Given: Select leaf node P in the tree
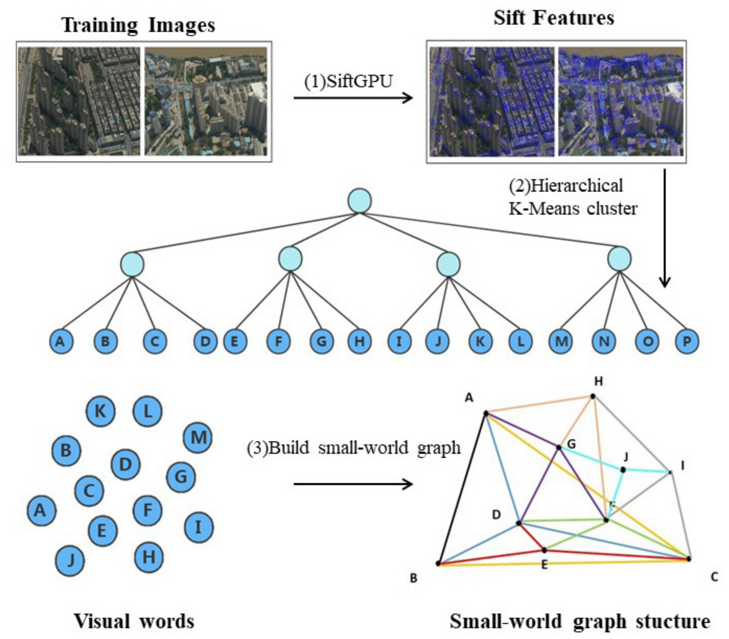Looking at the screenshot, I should [x=687, y=341].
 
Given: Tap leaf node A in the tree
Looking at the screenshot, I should [x=61, y=341].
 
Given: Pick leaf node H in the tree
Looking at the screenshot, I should [x=359, y=341].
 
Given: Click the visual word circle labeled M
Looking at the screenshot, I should [x=198, y=437].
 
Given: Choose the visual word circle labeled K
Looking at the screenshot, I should [x=101, y=411].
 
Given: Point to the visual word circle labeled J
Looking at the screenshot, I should [x=70, y=560].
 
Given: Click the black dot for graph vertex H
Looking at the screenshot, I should [x=593, y=396].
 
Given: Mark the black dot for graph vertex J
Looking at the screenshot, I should [x=623, y=470].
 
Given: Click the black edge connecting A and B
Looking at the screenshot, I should [x=462, y=488].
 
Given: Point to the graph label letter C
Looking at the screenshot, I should [x=714, y=577].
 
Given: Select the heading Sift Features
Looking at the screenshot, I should [x=553, y=18].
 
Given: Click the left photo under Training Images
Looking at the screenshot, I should [x=79, y=101].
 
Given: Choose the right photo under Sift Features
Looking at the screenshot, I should [x=621, y=102].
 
